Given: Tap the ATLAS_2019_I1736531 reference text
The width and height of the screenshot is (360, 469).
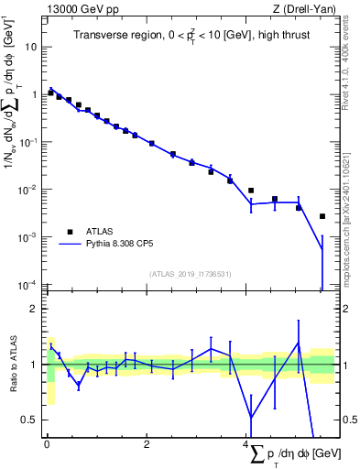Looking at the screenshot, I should tap(191, 274).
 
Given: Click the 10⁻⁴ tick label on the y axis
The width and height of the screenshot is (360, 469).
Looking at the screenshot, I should tap(27, 284).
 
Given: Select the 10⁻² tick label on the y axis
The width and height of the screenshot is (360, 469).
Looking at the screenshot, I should tap(27, 189).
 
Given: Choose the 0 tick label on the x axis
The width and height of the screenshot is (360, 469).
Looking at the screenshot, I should tap(47, 445).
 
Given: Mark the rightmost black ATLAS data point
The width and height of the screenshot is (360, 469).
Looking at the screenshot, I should tap(322, 216).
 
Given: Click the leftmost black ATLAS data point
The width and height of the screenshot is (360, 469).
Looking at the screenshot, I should tap(50, 93).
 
